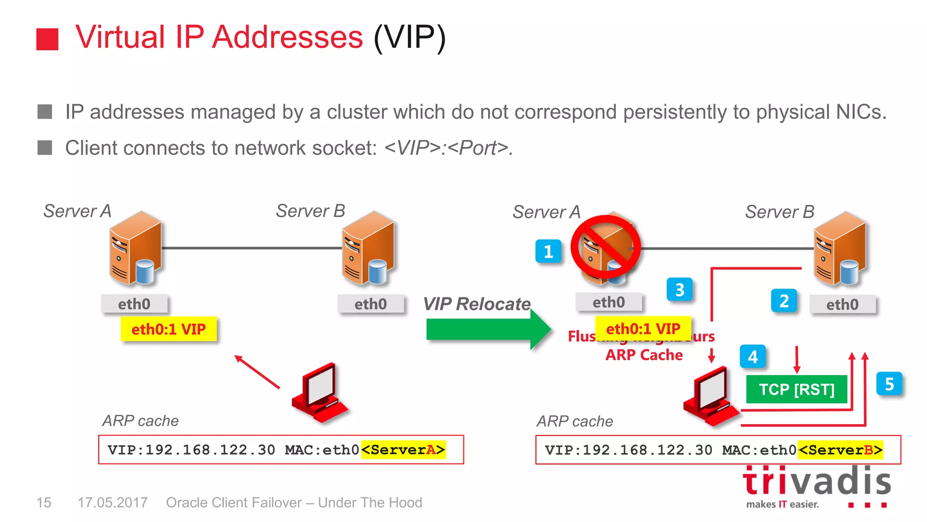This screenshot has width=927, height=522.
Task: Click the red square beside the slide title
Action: (47, 39)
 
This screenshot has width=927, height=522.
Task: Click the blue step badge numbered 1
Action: (548, 251)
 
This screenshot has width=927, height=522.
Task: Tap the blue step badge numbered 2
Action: (784, 301)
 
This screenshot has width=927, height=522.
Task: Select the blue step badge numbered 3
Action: (679, 290)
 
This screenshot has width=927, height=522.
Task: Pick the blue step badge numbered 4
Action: (753, 357)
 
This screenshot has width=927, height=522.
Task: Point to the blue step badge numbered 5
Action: (889, 384)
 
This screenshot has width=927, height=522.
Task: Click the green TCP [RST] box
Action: (797, 389)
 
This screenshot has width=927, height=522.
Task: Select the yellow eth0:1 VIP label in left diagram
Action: (168, 329)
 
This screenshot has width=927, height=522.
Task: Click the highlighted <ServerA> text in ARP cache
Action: (403, 449)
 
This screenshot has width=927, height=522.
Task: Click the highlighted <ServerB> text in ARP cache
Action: (841, 449)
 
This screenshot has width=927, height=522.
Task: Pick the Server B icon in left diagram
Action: (368, 248)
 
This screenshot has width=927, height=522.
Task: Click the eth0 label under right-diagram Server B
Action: (842, 304)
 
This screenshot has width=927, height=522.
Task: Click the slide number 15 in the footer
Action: (44, 503)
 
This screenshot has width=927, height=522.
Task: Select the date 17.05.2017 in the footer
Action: (113, 503)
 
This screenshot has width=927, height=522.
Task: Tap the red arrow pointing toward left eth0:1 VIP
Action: (257, 372)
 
